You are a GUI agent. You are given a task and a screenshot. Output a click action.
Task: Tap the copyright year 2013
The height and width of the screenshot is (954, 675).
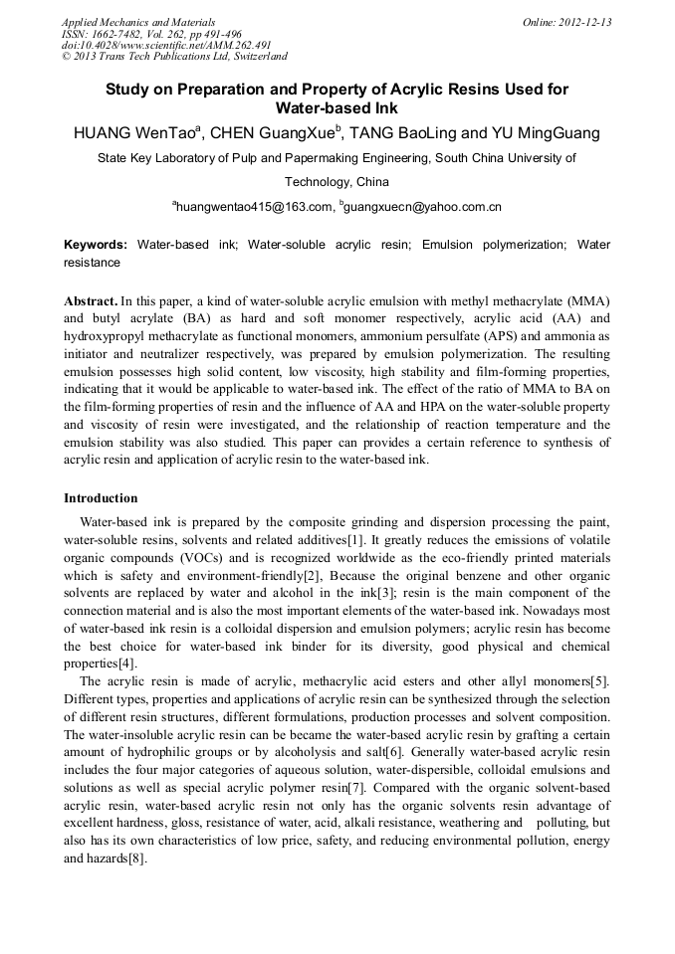point(87,57)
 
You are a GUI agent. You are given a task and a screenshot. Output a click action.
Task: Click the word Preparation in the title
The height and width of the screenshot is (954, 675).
point(223,90)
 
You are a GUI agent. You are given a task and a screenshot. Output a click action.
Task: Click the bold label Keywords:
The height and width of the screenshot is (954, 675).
point(96,245)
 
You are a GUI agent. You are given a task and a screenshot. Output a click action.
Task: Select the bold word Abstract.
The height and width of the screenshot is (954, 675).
point(91,300)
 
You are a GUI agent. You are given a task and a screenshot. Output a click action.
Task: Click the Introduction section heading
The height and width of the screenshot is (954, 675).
point(101,497)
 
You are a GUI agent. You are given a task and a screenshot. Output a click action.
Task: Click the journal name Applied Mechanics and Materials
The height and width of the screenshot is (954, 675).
point(138,22)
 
